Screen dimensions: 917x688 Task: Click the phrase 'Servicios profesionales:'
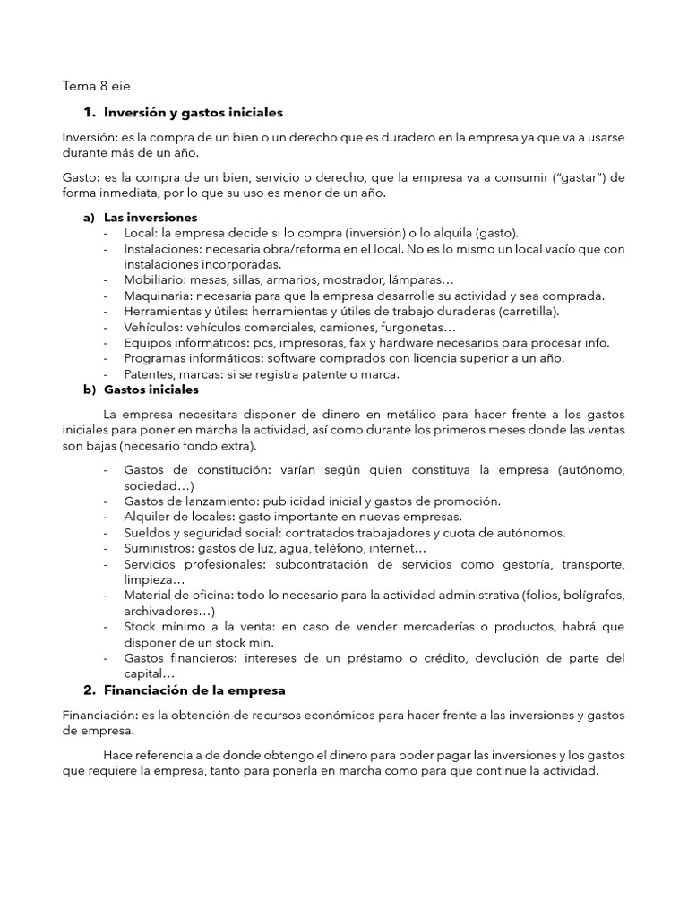click(192, 564)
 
